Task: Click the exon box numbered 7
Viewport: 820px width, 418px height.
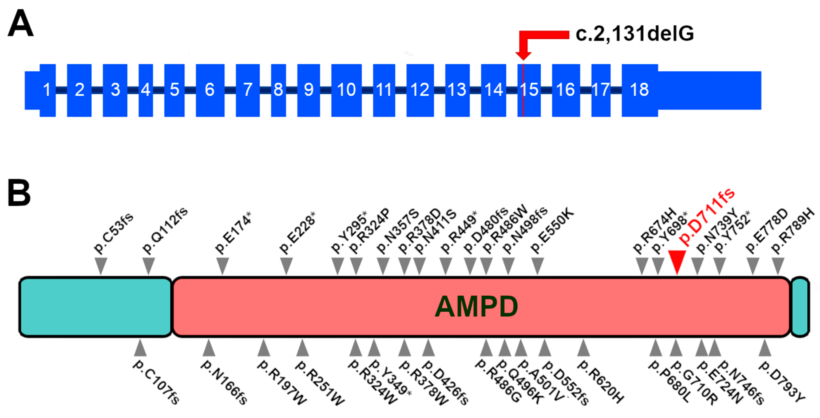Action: click(x=248, y=90)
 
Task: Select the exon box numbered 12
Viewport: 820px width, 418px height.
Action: click(x=420, y=90)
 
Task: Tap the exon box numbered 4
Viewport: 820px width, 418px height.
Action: click(x=145, y=90)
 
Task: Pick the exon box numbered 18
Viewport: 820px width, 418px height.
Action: click(x=640, y=90)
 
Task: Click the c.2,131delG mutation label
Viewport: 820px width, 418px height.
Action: click(x=635, y=33)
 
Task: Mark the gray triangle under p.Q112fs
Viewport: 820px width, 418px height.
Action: click(x=148, y=266)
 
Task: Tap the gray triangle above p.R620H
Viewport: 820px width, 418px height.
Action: click(x=584, y=348)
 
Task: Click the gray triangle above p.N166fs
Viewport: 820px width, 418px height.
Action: click(x=209, y=348)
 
